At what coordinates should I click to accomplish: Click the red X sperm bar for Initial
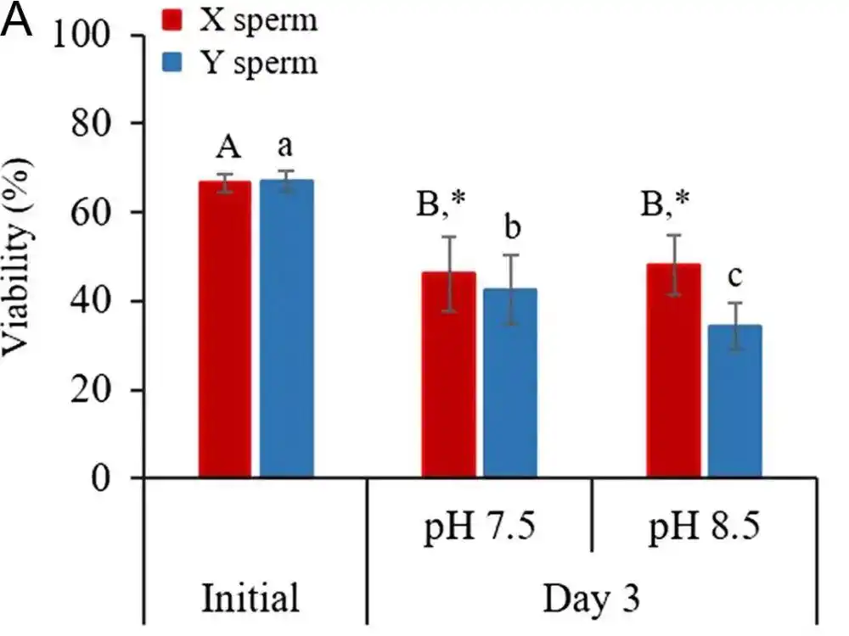[x=225, y=331]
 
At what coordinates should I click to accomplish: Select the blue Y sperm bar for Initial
[x=286, y=330]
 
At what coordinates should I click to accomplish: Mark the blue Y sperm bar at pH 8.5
[x=734, y=402]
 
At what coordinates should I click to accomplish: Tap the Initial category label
[x=250, y=597]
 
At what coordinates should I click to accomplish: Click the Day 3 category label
[x=591, y=597]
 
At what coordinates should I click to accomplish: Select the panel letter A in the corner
[x=18, y=23]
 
